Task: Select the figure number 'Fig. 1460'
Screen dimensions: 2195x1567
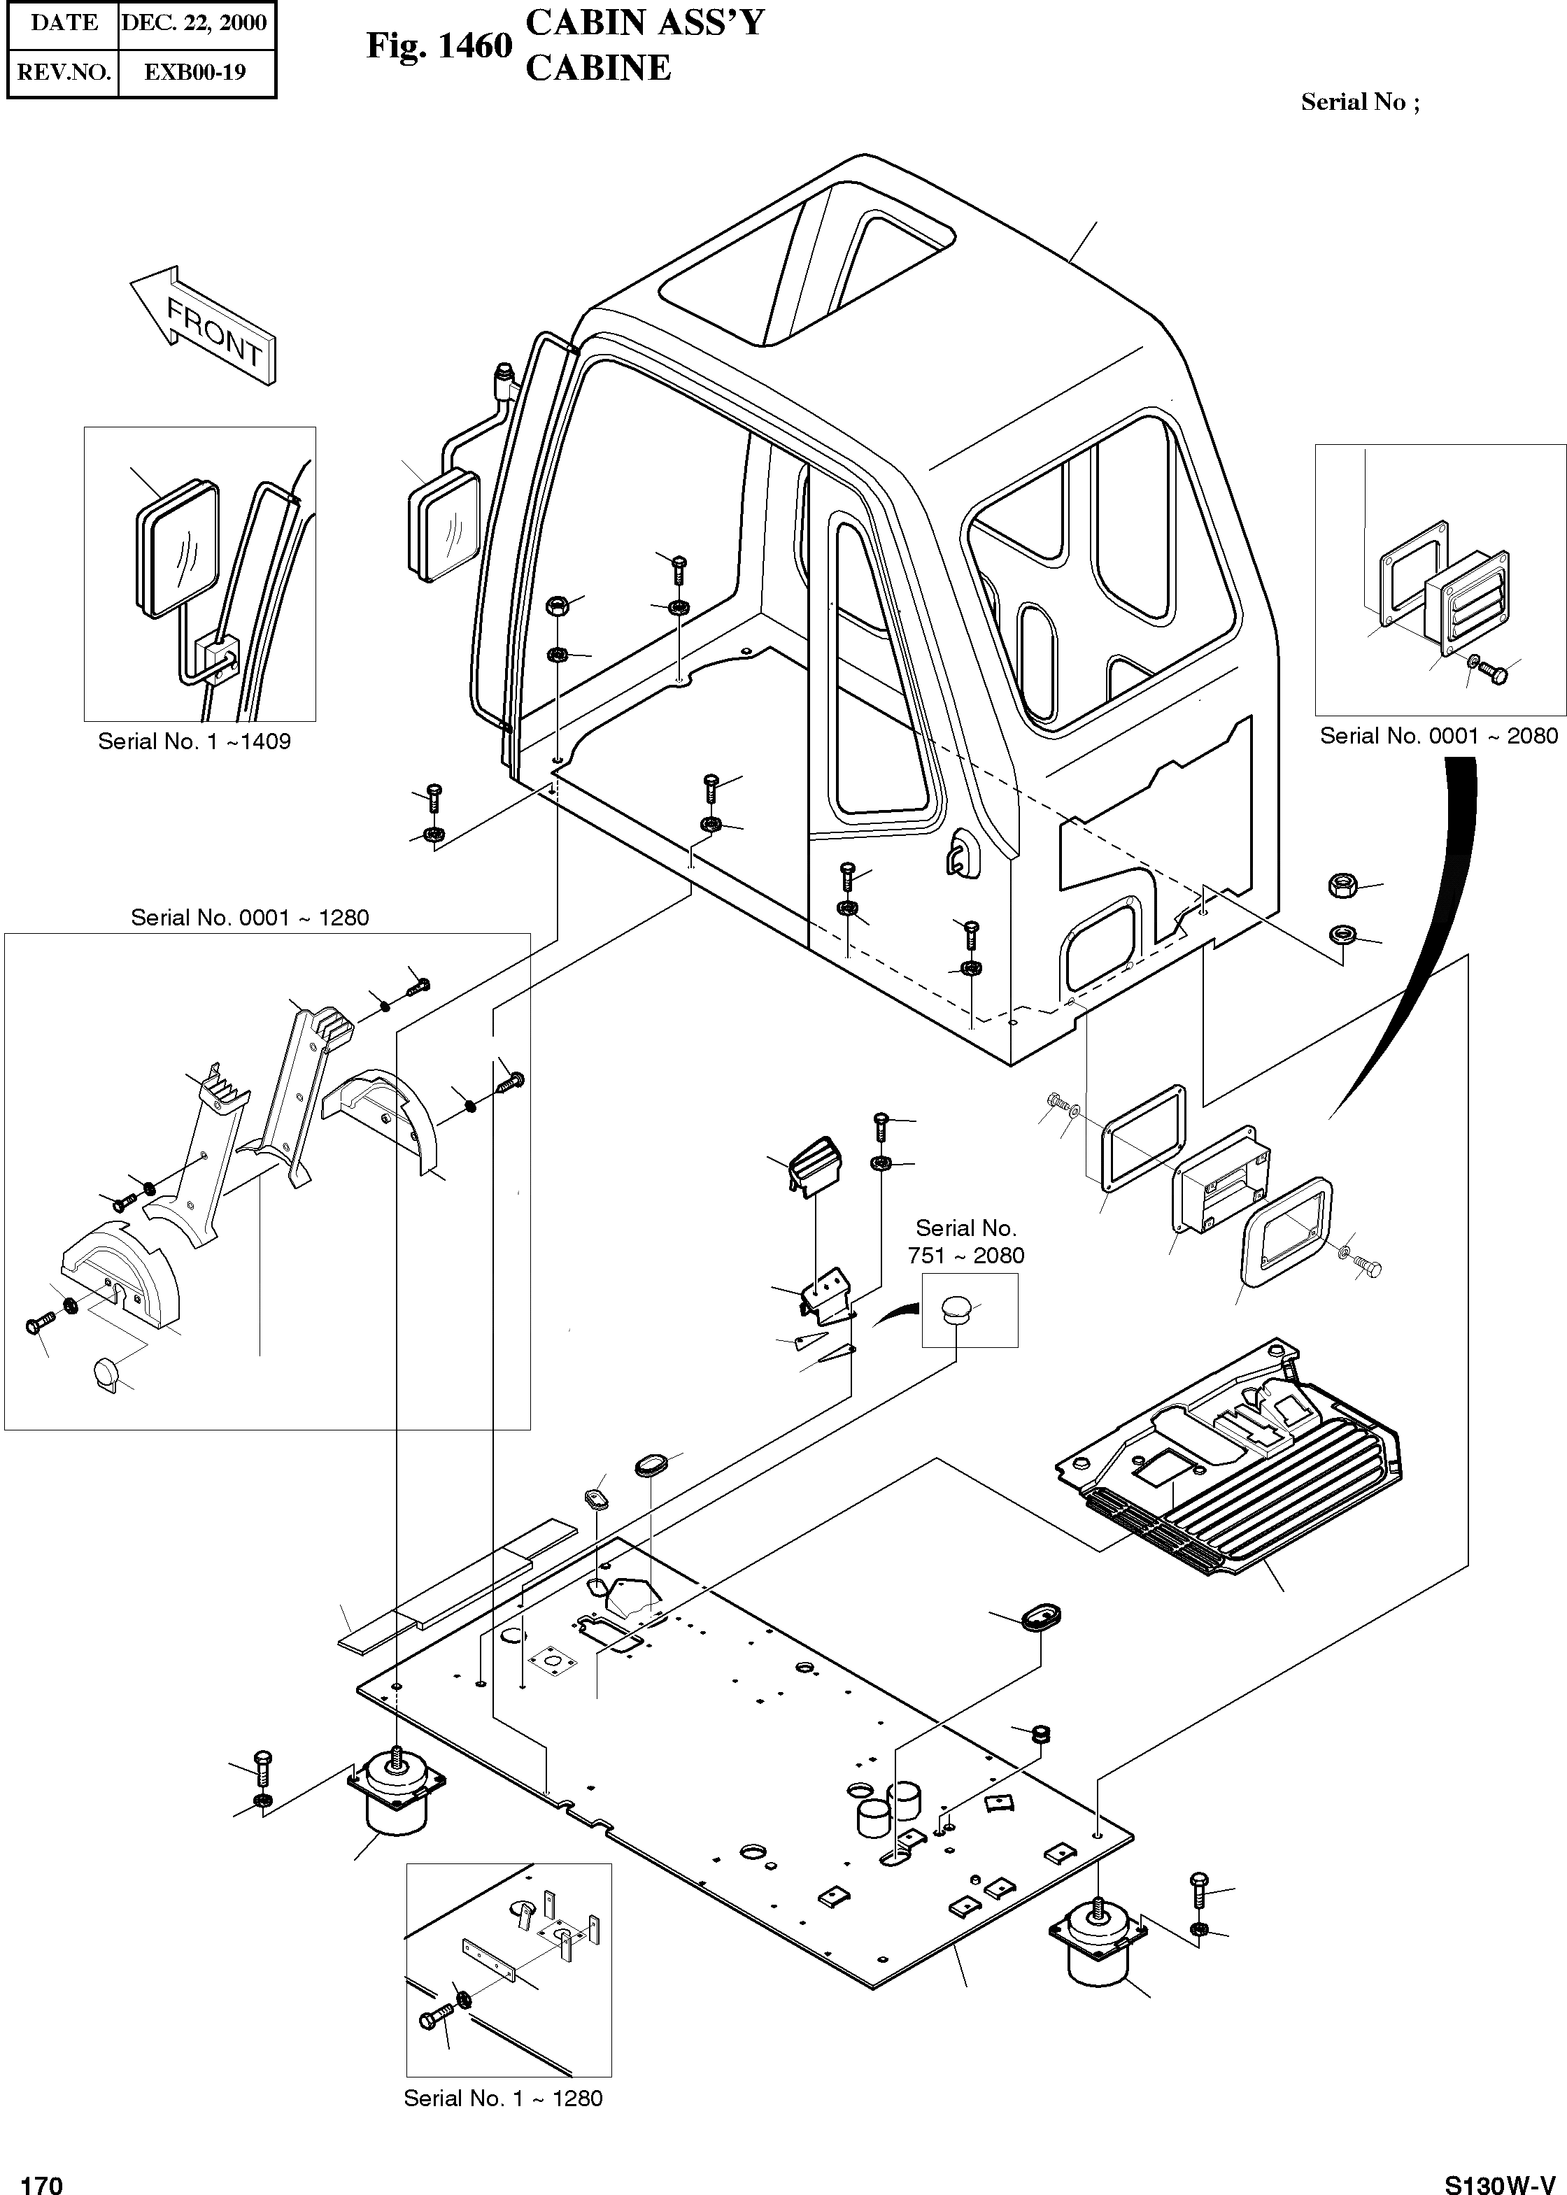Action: [x=439, y=45]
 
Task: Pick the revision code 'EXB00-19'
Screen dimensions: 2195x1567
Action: [x=195, y=72]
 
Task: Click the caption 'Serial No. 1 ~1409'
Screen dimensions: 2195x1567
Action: [x=194, y=741]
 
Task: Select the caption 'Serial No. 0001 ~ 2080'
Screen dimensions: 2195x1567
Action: [x=1438, y=735]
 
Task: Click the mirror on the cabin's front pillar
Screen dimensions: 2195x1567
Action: [x=443, y=526]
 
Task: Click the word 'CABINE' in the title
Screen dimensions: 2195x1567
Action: [x=598, y=68]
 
